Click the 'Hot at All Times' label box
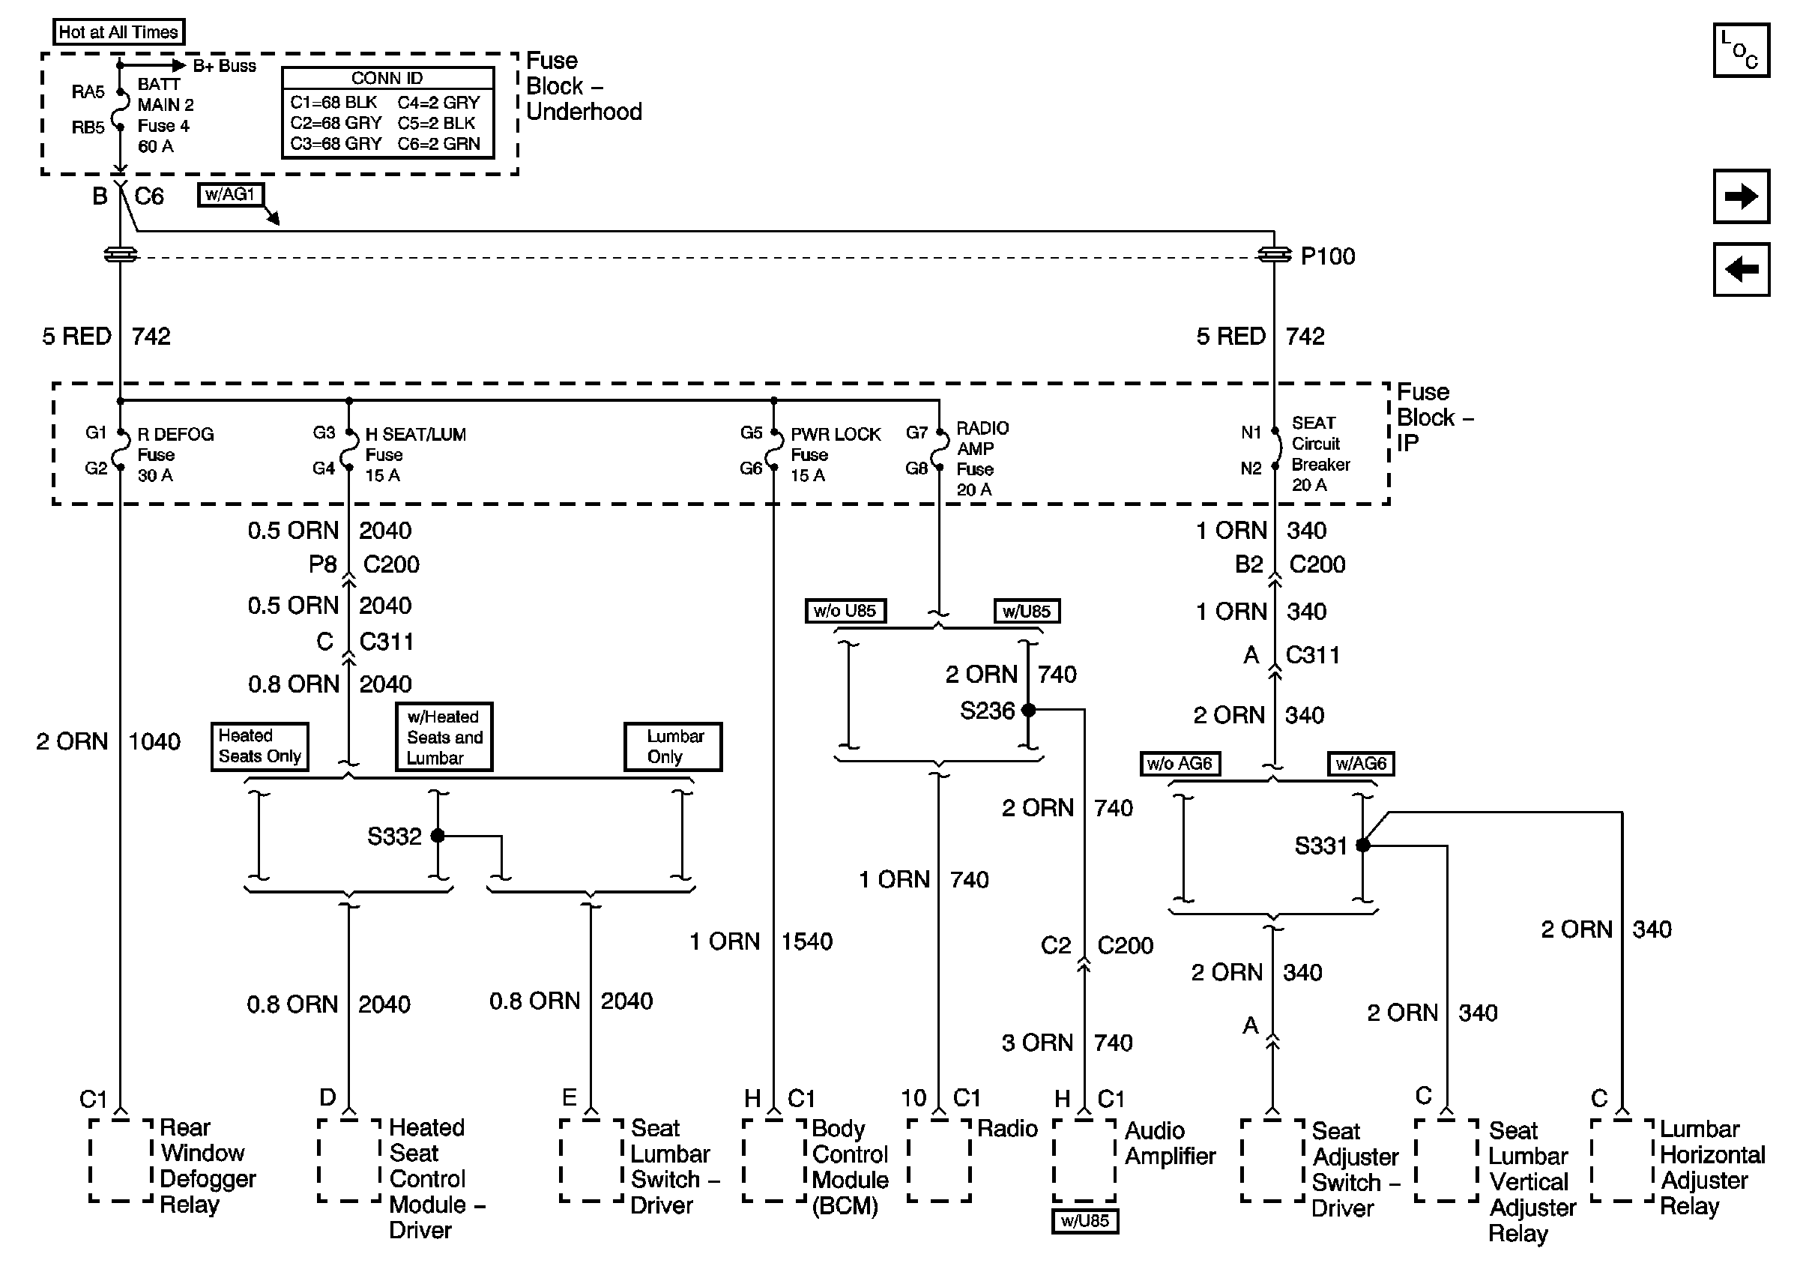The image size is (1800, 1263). pos(118,32)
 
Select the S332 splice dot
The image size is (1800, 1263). pos(438,836)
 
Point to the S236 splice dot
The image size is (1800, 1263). pos(1029,711)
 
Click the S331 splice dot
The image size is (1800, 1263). pos(1362,845)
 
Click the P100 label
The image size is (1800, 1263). pos(1327,256)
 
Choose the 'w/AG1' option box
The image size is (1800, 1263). pos(230,194)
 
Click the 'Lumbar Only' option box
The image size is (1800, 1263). pos(673,747)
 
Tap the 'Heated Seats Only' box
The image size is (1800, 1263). pos(259,747)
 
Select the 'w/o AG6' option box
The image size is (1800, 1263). pos(1180,764)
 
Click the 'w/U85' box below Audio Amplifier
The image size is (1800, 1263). pos(1084,1222)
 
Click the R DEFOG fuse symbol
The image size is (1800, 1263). pos(121,450)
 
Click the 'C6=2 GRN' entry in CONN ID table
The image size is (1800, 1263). pos(438,144)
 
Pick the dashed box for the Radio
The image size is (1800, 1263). pos(939,1160)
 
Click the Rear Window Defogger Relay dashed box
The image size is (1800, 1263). pos(121,1160)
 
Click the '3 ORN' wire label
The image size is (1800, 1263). pos(1036,1043)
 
